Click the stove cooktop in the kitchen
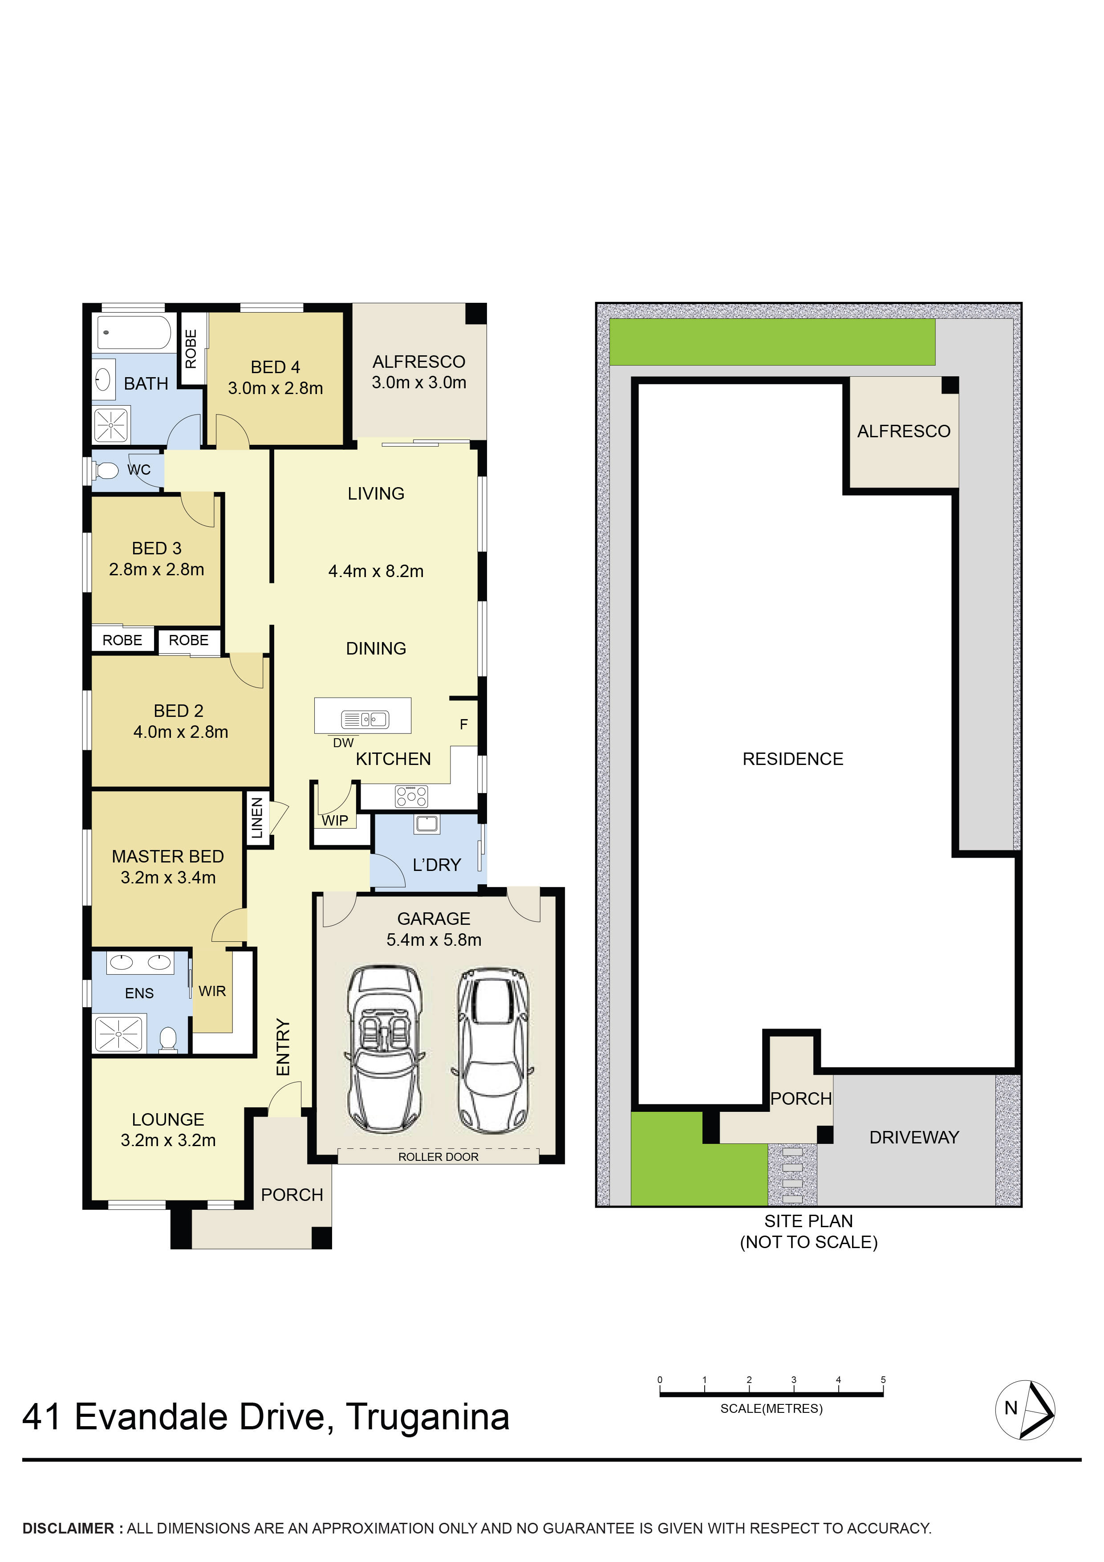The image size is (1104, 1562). (411, 795)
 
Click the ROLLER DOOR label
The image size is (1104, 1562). (438, 1156)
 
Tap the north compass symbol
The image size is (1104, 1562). (1025, 1410)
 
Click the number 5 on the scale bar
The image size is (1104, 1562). (883, 1380)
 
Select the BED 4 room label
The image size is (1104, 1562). (276, 367)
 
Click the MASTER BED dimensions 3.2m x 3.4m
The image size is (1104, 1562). (168, 878)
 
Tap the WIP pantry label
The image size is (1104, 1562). (335, 821)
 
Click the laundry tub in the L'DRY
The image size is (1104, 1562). (426, 824)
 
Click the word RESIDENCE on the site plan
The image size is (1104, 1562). (792, 759)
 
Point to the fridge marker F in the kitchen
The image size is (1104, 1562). (464, 724)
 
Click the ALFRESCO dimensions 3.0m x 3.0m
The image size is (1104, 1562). (419, 382)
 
